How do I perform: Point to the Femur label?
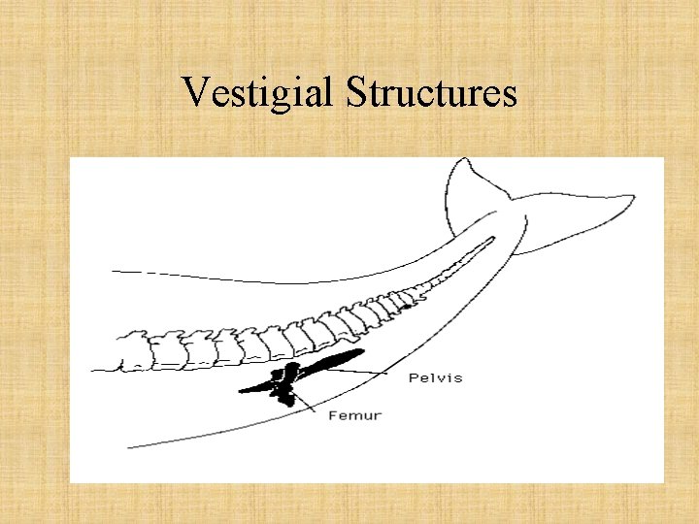coord(354,415)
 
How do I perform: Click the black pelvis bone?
coord(330,362)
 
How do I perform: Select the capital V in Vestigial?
coord(194,92)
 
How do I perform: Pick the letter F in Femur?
coord(333,415)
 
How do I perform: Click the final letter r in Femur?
coord(378,416)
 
